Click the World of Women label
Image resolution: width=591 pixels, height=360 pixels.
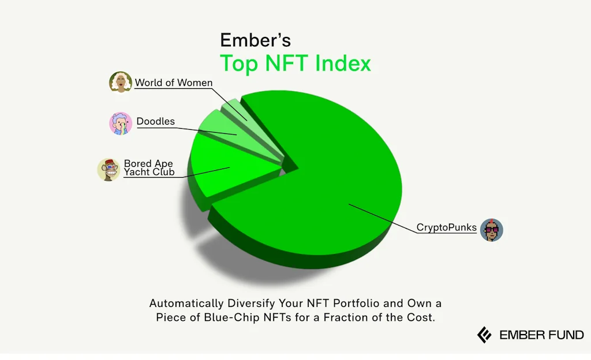tap(173, 82)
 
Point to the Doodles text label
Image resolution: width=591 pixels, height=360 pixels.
tap(155, 122)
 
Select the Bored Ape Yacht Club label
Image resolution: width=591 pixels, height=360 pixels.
tap(149, 167)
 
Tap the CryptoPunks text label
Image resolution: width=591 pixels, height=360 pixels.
tap(446, 227)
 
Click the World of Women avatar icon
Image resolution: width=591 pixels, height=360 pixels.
tap(121, 82)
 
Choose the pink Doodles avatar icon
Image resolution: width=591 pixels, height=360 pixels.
tap(121, 123)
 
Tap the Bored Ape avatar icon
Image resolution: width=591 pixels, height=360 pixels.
tap(109, 170)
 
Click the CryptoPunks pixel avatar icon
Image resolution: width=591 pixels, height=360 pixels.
tap(492, 230)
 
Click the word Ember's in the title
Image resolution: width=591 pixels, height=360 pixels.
tap(255, 40)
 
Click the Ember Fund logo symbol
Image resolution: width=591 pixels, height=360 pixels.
tap(484, 335)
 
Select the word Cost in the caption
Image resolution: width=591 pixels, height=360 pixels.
tap(420, 317)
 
